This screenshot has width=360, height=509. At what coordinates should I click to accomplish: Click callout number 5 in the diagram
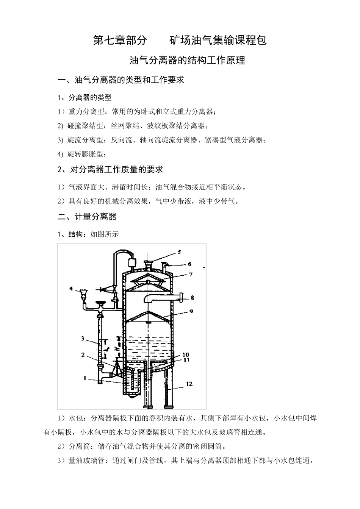179,251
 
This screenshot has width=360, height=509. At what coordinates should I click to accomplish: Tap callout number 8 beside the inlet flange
193,298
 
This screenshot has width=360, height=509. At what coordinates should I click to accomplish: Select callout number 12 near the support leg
189,384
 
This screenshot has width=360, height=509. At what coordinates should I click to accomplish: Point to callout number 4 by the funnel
71,289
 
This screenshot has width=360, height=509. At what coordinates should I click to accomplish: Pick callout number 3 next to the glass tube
82,338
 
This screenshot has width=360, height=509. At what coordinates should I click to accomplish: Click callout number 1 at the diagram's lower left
86,378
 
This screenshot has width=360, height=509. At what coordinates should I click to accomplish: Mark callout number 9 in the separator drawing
191,311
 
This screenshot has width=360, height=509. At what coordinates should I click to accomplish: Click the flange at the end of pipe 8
182,298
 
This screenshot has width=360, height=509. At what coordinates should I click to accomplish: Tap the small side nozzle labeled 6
165,265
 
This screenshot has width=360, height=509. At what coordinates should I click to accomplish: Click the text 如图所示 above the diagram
104,234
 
